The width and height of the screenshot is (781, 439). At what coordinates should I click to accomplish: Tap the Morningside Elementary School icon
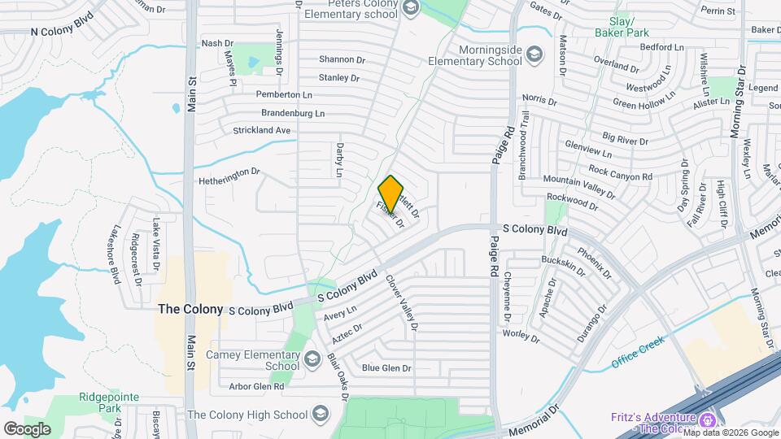click(534, 54)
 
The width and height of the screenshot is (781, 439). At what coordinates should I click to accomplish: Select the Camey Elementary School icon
click(312, 359)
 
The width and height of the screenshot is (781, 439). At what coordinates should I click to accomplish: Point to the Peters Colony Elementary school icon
click(410, 9)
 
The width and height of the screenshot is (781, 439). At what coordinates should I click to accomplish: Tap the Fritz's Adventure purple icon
click(708, 420)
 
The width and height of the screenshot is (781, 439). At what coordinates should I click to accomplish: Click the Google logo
click(27, 428)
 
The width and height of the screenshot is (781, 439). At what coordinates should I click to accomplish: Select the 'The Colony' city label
click(190, 309)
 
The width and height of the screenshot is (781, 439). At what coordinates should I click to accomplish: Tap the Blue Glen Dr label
click(386, 368)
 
